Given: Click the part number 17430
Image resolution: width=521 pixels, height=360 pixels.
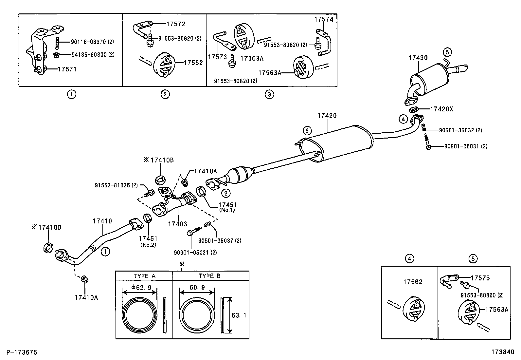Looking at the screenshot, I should coord(418,58).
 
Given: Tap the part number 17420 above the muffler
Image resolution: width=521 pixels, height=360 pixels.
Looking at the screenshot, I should coord(327,116).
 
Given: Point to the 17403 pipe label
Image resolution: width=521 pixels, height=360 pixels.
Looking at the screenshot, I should coord(177,224).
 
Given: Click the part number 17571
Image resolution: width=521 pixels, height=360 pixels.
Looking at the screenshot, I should coord(67,69).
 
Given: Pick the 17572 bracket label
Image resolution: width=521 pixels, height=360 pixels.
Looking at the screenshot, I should coord(176,24).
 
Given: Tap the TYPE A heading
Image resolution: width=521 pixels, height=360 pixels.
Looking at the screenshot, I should coord(144,276).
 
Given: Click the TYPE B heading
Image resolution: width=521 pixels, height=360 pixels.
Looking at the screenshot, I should coord(210,276).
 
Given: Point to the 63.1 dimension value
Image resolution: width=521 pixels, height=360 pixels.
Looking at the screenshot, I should coord(239,315).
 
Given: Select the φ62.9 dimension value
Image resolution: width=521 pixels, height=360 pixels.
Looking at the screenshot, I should coord(141,288).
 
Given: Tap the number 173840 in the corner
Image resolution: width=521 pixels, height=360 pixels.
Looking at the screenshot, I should coord(502,352).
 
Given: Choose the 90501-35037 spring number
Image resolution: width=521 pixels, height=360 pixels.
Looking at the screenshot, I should coord(220,241).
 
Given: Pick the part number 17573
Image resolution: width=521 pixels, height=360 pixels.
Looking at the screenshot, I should coord(217,57).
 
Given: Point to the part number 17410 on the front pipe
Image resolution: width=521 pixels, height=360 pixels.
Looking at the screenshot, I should coord(102,221).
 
